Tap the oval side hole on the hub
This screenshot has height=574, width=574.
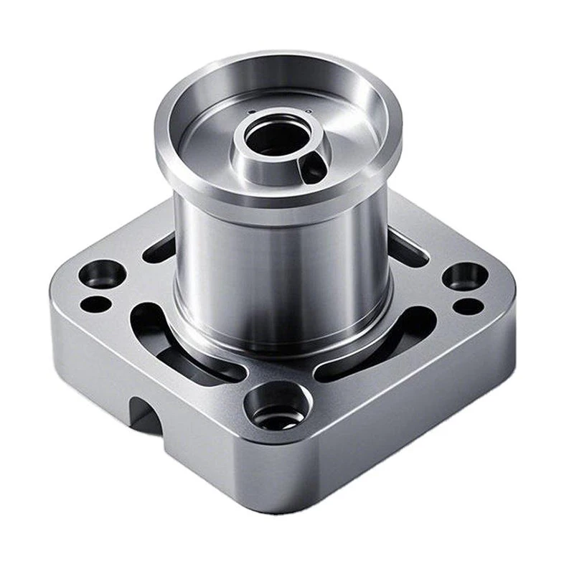coord(313,169)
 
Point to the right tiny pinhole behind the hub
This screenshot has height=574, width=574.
coord(307,112)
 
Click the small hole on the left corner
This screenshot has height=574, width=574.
coord(95,304)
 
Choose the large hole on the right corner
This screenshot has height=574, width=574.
coord(465,276)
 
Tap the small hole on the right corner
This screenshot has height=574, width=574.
coord(468,306)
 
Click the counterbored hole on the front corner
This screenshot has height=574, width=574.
coord(276,407)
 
